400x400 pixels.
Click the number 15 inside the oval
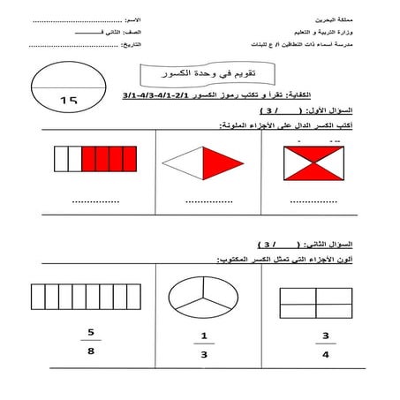[x=70, y=100]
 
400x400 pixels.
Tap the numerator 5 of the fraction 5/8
[x=89, y=333]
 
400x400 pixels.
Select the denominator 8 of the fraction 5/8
[x=89, y=351]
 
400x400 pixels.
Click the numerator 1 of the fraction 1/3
[x=203, y=335]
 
